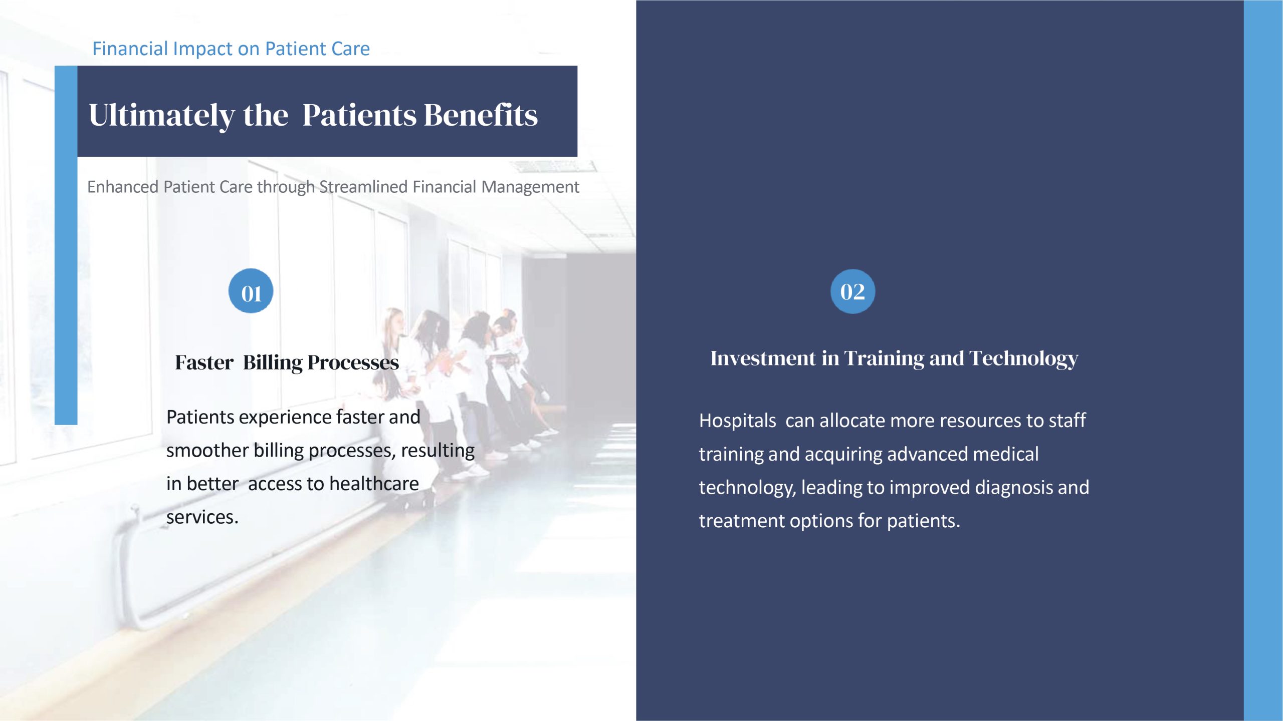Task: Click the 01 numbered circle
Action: [x=251, y=291]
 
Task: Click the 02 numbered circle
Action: [x=852, y=291]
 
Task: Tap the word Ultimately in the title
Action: [x=161, y=116]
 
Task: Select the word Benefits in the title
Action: [x=481, y=115]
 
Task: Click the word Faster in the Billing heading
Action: [x=204, y=362]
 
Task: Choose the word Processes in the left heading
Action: [x=353, y=362]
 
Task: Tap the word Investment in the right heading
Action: [x=763, y=358]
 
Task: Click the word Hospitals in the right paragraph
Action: [x=737, y=421]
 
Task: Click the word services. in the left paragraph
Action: [x=202, y=517]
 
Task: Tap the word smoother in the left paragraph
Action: [x=207, y=450]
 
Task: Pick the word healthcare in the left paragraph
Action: [x=374, y=484]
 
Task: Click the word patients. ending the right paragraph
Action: [x=923, y=521]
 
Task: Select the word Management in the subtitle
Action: [x=530, y=187]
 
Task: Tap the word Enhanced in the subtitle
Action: [x=123, y=187]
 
